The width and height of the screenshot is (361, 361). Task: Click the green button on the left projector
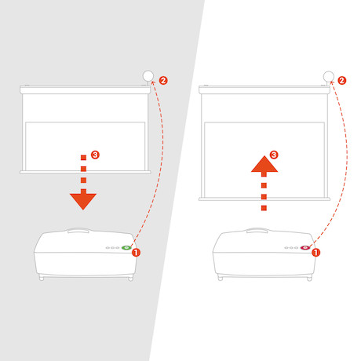point(126,247)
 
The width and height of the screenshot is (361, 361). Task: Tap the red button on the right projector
point(304,247)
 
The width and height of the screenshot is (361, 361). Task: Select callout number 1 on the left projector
point(136,253)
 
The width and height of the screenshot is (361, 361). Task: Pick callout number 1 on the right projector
point(315,253)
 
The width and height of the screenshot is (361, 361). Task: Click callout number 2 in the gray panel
point(163,80)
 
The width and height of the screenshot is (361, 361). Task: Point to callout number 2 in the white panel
point(342,80)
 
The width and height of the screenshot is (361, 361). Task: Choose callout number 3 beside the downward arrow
point(95,155)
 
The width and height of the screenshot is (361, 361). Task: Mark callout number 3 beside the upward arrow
point(274,155)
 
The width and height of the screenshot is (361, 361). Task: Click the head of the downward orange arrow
point(83,201)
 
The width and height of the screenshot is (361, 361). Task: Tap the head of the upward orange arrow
point(264,164)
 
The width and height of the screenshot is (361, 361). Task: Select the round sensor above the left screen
point(148,76)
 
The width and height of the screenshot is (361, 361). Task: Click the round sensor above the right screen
point(329,77)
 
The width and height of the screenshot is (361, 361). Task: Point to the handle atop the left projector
point(78,230)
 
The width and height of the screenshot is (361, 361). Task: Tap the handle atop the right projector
point(257,230)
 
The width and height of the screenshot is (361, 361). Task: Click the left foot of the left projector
point(42,278)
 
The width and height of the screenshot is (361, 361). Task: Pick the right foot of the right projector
point(309,279)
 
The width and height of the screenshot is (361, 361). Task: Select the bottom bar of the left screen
point(86,172)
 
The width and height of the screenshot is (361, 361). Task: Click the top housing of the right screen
point(264,89)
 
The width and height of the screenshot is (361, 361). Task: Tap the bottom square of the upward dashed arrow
point(264,208)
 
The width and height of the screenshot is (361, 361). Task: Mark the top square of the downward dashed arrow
point(83,158)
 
